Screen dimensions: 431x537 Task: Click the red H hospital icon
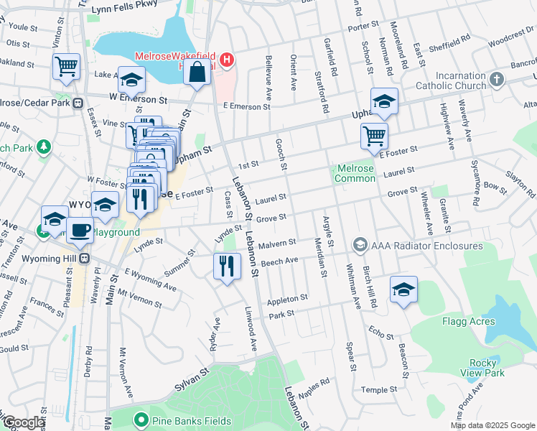point(227,60)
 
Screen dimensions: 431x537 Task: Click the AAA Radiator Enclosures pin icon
point(360,246)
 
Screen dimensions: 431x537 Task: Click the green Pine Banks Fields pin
point(141,421)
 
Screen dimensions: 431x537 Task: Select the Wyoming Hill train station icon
point(85,259)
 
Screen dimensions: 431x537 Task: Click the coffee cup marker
point(80,230)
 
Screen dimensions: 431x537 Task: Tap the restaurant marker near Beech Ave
point(227,267)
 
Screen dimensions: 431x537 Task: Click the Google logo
point(24,423)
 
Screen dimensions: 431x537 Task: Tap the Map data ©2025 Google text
point(492,425)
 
